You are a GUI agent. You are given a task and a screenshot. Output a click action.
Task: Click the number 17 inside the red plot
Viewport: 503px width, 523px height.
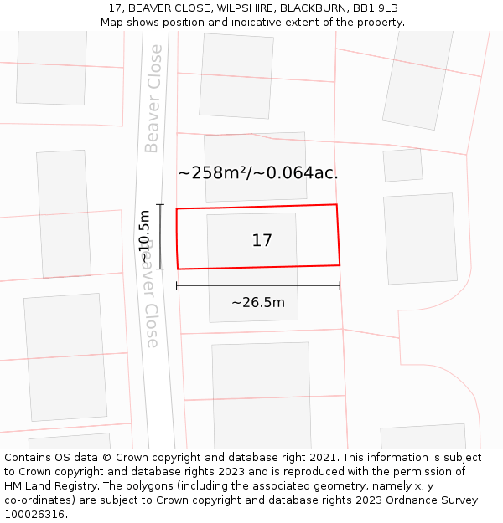pos(262,241)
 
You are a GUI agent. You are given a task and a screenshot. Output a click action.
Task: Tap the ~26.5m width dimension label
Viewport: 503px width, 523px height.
pos(258,303)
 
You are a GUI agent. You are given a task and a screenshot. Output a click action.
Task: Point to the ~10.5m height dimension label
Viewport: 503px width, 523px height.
pos(144,238)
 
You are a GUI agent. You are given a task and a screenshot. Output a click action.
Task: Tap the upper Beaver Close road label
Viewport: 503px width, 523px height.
pos(153,99)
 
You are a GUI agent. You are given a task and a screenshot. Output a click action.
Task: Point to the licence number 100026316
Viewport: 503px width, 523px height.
pos(34,515)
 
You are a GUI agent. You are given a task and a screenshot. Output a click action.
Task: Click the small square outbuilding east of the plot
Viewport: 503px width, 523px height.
pos(402,166)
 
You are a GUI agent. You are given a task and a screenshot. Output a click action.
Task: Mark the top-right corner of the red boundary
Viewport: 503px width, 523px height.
pos(336,204)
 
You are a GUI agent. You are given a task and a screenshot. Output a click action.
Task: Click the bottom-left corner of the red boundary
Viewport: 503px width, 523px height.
pos(178,269)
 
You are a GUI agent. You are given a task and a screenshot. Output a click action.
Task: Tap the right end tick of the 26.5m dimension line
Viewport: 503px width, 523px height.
pos(340,286)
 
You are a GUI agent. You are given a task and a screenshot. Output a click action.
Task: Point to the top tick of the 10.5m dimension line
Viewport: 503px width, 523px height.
pos(160,205)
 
